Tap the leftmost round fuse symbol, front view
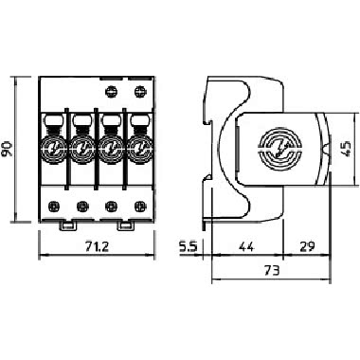pyautogui.click(x=54, y=149)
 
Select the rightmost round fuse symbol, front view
pyautogui.click(x=139, y=149)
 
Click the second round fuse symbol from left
pyautogui.click(x=82, y=149)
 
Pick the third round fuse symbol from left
pyautogui.click(x=111, y=149)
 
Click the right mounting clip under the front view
pyautogui.click(x=125, y=227)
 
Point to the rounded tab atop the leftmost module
pyautogui.click(x=54, y=118)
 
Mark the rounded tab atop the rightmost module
pyautogui.click(x=139, y=118)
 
